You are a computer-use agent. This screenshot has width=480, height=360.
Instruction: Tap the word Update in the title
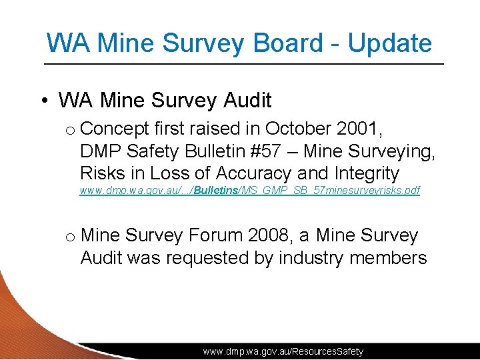(x=390, y=43)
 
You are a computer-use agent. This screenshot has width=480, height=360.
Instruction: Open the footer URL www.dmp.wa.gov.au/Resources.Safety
(x=283, y=351)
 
